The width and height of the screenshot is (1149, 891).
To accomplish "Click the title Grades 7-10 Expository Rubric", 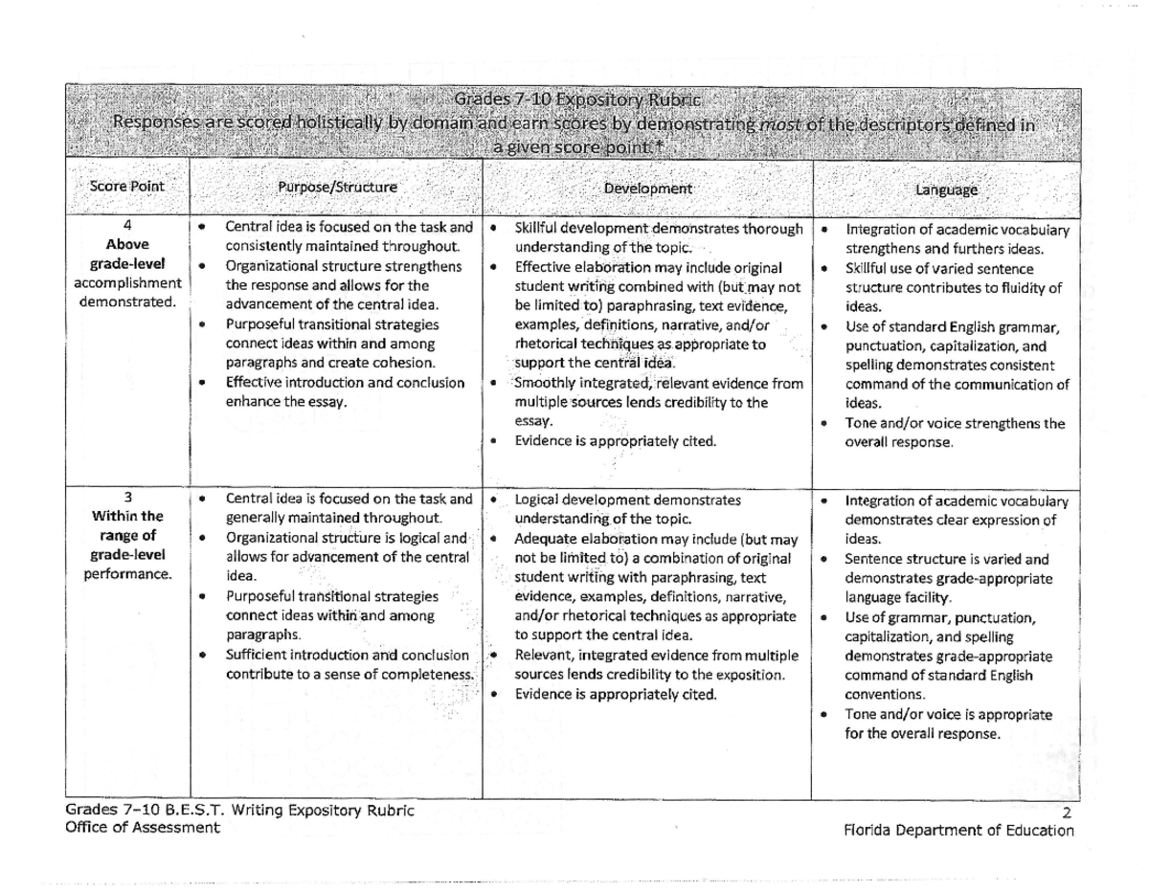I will point(577,100).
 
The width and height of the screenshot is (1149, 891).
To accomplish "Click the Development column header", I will point(648,189).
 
